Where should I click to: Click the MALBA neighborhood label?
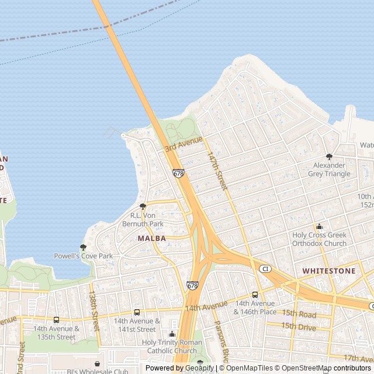tap(152, 238)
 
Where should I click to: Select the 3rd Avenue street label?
tap(183, 144)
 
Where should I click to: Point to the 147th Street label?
tap(216, 171)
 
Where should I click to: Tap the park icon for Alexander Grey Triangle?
tap(329, 156)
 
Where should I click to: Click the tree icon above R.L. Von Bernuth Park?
tap(143, 206)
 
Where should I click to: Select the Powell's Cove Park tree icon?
tap(83, 247)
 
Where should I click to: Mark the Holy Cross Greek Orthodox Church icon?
tap(319, 227)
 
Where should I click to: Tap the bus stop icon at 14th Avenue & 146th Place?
tap(255, 295)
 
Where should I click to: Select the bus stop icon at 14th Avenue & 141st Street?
tap(137, 312)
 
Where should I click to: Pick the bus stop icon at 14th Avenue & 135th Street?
tap(56, 320)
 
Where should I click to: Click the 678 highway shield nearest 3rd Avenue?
tap(178, 174)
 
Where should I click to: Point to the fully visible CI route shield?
tap(265, 268)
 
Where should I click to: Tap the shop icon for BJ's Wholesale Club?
tap(97, 363)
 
